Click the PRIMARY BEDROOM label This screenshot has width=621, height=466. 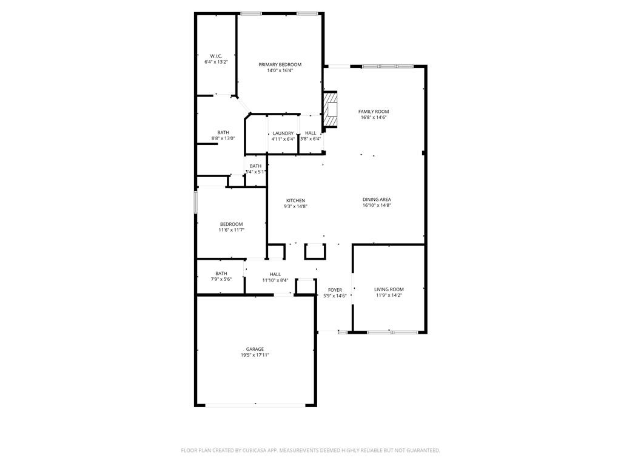click(280, 64)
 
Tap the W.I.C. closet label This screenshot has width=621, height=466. click(216, 56)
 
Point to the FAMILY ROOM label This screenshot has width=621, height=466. click(374, 112)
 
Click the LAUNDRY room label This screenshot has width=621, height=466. click(283, 133)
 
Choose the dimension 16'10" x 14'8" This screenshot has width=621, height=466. click(377, 206)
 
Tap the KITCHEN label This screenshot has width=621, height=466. click(296, 200)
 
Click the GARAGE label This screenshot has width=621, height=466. click(255, 349)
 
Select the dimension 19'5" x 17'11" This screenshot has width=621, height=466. click(255, 355)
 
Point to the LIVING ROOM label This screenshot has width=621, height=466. click(389, 289)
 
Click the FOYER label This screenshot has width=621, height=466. click(335, 290)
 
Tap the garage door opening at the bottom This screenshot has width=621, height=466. click(255, 404)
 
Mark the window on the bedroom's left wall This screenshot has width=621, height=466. click(195, 202)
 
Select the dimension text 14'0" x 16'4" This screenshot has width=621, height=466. click(280, 70)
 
